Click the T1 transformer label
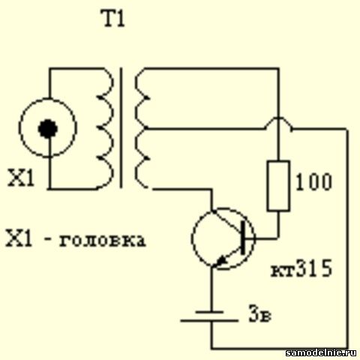pos(114,19)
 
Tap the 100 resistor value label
pos(314,181)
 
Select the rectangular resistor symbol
pos(278,186)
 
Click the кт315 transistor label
pos(301,268)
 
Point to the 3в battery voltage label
pos(259,313)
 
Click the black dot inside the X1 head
pos(48,129)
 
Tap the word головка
pos(102,241)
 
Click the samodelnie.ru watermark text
pos(321,352)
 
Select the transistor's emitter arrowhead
pos(221,261)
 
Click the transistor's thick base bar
pos(243,238)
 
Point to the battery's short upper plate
pos(209,312)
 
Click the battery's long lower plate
pos(209,320)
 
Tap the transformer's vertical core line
pos(121,127)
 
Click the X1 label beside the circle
pos(20,178)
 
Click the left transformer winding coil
pos(105,127)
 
